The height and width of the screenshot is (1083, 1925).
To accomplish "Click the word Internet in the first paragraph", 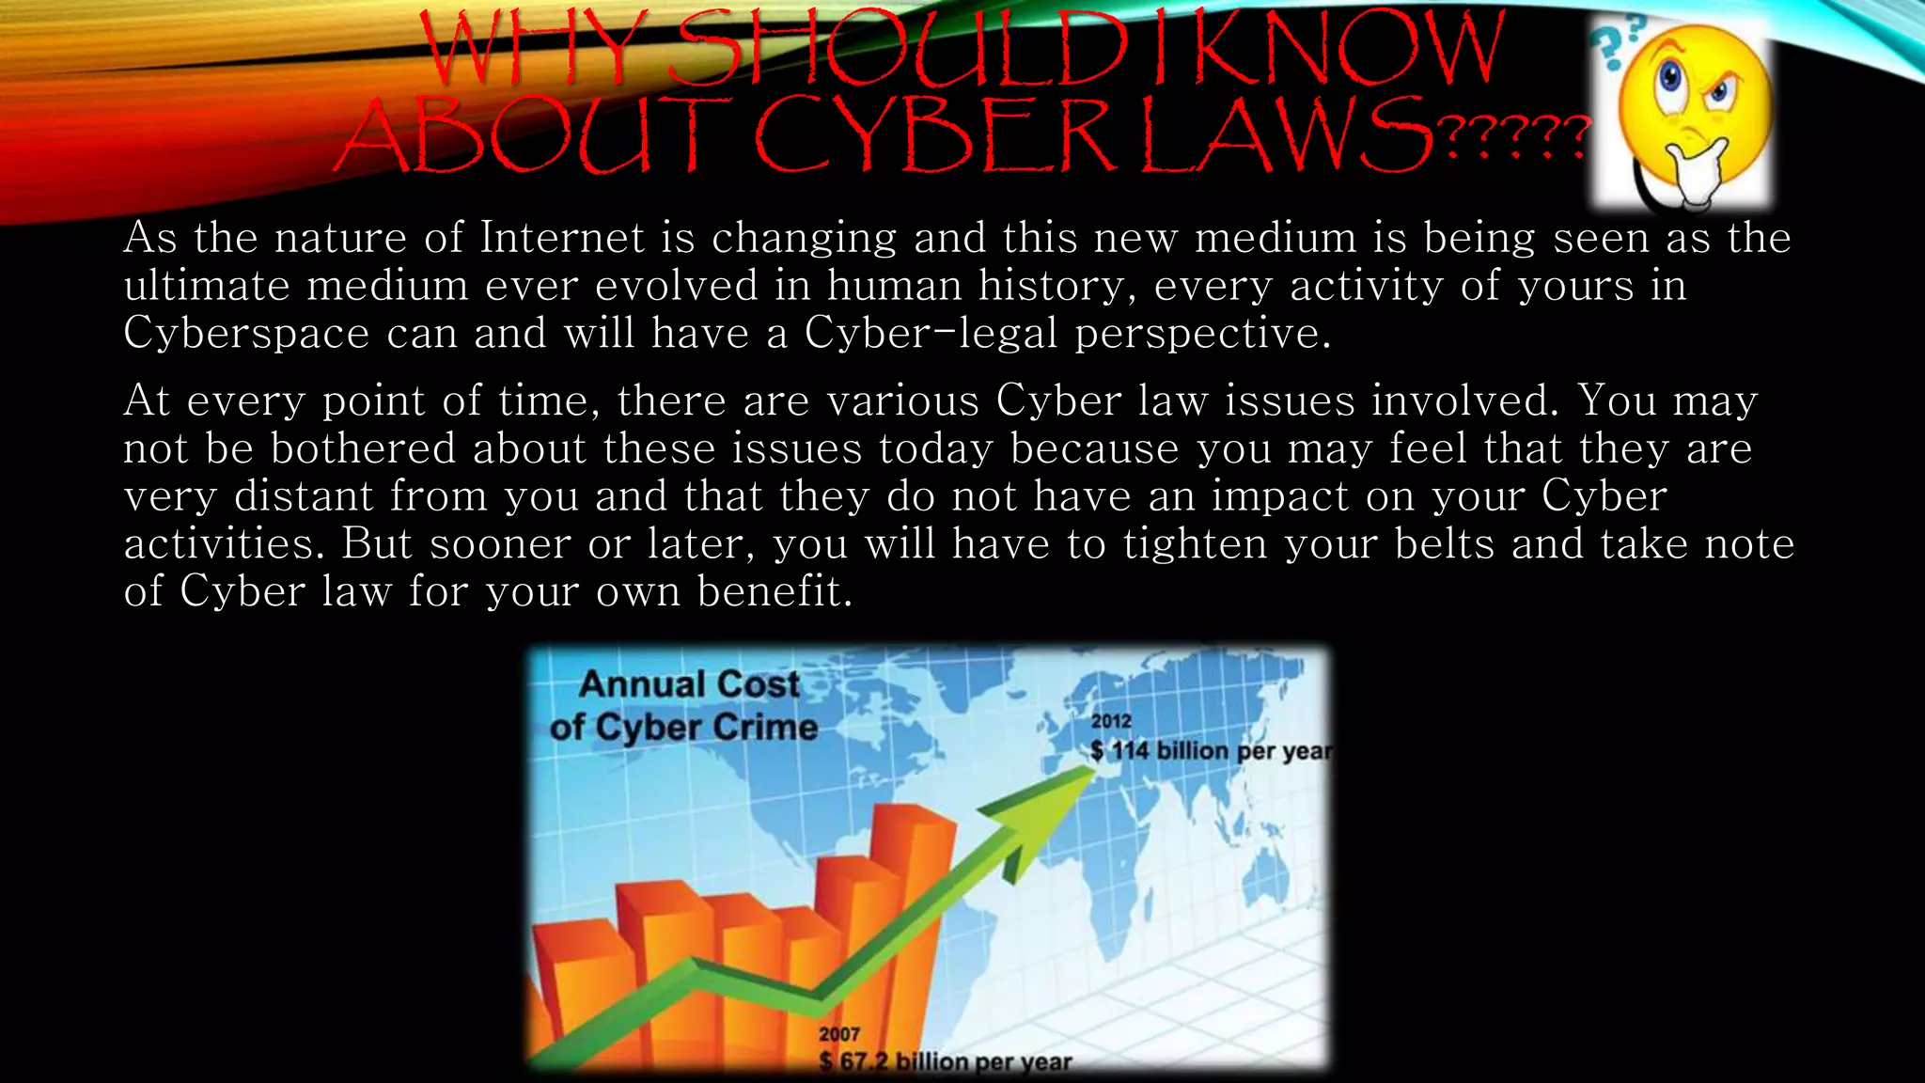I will click(562, 238).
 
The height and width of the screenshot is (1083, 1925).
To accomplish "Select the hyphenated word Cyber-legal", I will click(931, 334).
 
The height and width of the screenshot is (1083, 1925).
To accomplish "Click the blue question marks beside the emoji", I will click(1617, 42).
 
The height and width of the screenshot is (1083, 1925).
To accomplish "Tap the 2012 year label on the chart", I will click(1111, 721).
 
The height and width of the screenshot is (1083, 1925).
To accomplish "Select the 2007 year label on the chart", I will click(839, 1034).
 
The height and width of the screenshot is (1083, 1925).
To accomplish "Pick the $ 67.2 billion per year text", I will click(945, 1062).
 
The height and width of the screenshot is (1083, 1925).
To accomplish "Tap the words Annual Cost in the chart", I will click(689, 684).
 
